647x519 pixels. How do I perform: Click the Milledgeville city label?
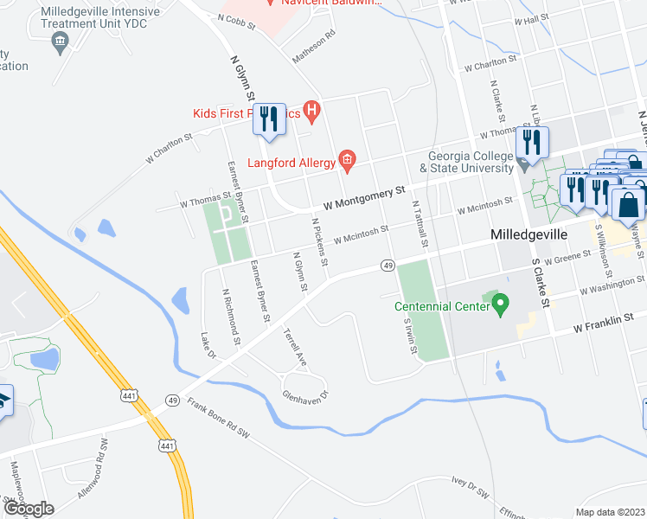tap(528, 235)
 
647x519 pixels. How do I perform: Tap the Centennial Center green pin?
tap(499, 304)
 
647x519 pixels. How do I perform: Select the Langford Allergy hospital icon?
tap(347, 157)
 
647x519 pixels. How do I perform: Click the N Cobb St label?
tap(238, 22)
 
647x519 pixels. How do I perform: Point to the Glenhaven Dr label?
tap(307, 395)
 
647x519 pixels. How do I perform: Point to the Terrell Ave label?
tap(295, 344)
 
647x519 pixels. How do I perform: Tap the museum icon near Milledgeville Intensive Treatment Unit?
tap(61, 42)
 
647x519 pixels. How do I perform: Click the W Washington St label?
tap(612, 285)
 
